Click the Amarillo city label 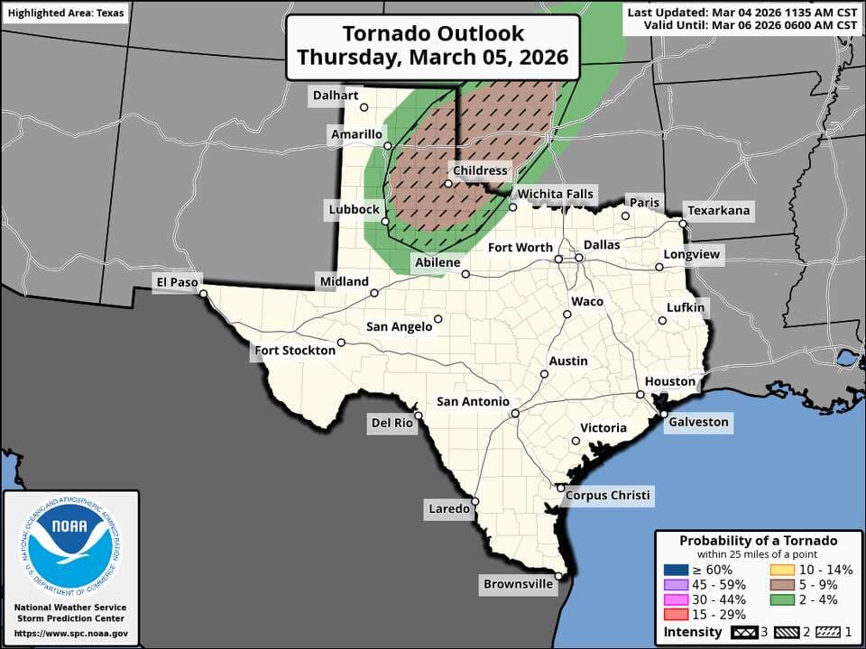pos(356,134)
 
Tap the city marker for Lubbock pos(385,221)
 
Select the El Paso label pos(176,282)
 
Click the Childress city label pos(482,170)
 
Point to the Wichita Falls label pos(555,194)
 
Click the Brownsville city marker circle pos(559,576)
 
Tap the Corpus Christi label pos(609,496)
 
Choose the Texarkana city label pos(719,211)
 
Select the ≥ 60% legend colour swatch pos(677,570)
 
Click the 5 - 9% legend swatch pos(781,585)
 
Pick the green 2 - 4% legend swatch pos(781,600)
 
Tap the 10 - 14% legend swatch pos(781,570)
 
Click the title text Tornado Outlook pos(433,34)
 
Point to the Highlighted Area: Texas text pos(66,14)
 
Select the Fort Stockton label pos(295,351)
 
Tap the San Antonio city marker pos(514,414)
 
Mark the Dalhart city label pos(336,96)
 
